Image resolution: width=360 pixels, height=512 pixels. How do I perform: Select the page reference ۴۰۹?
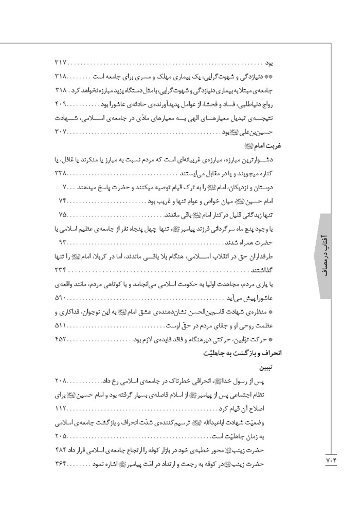pyautogui.click(x=61, y=104)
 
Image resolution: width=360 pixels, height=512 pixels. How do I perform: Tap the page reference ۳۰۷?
pyautogui.click(x=61, y=132)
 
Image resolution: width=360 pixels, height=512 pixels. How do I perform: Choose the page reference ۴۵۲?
pyautogui.click(x=61, y=340)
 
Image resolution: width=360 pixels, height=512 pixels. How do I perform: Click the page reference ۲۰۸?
pyautogui.click(x=61, y=382)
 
